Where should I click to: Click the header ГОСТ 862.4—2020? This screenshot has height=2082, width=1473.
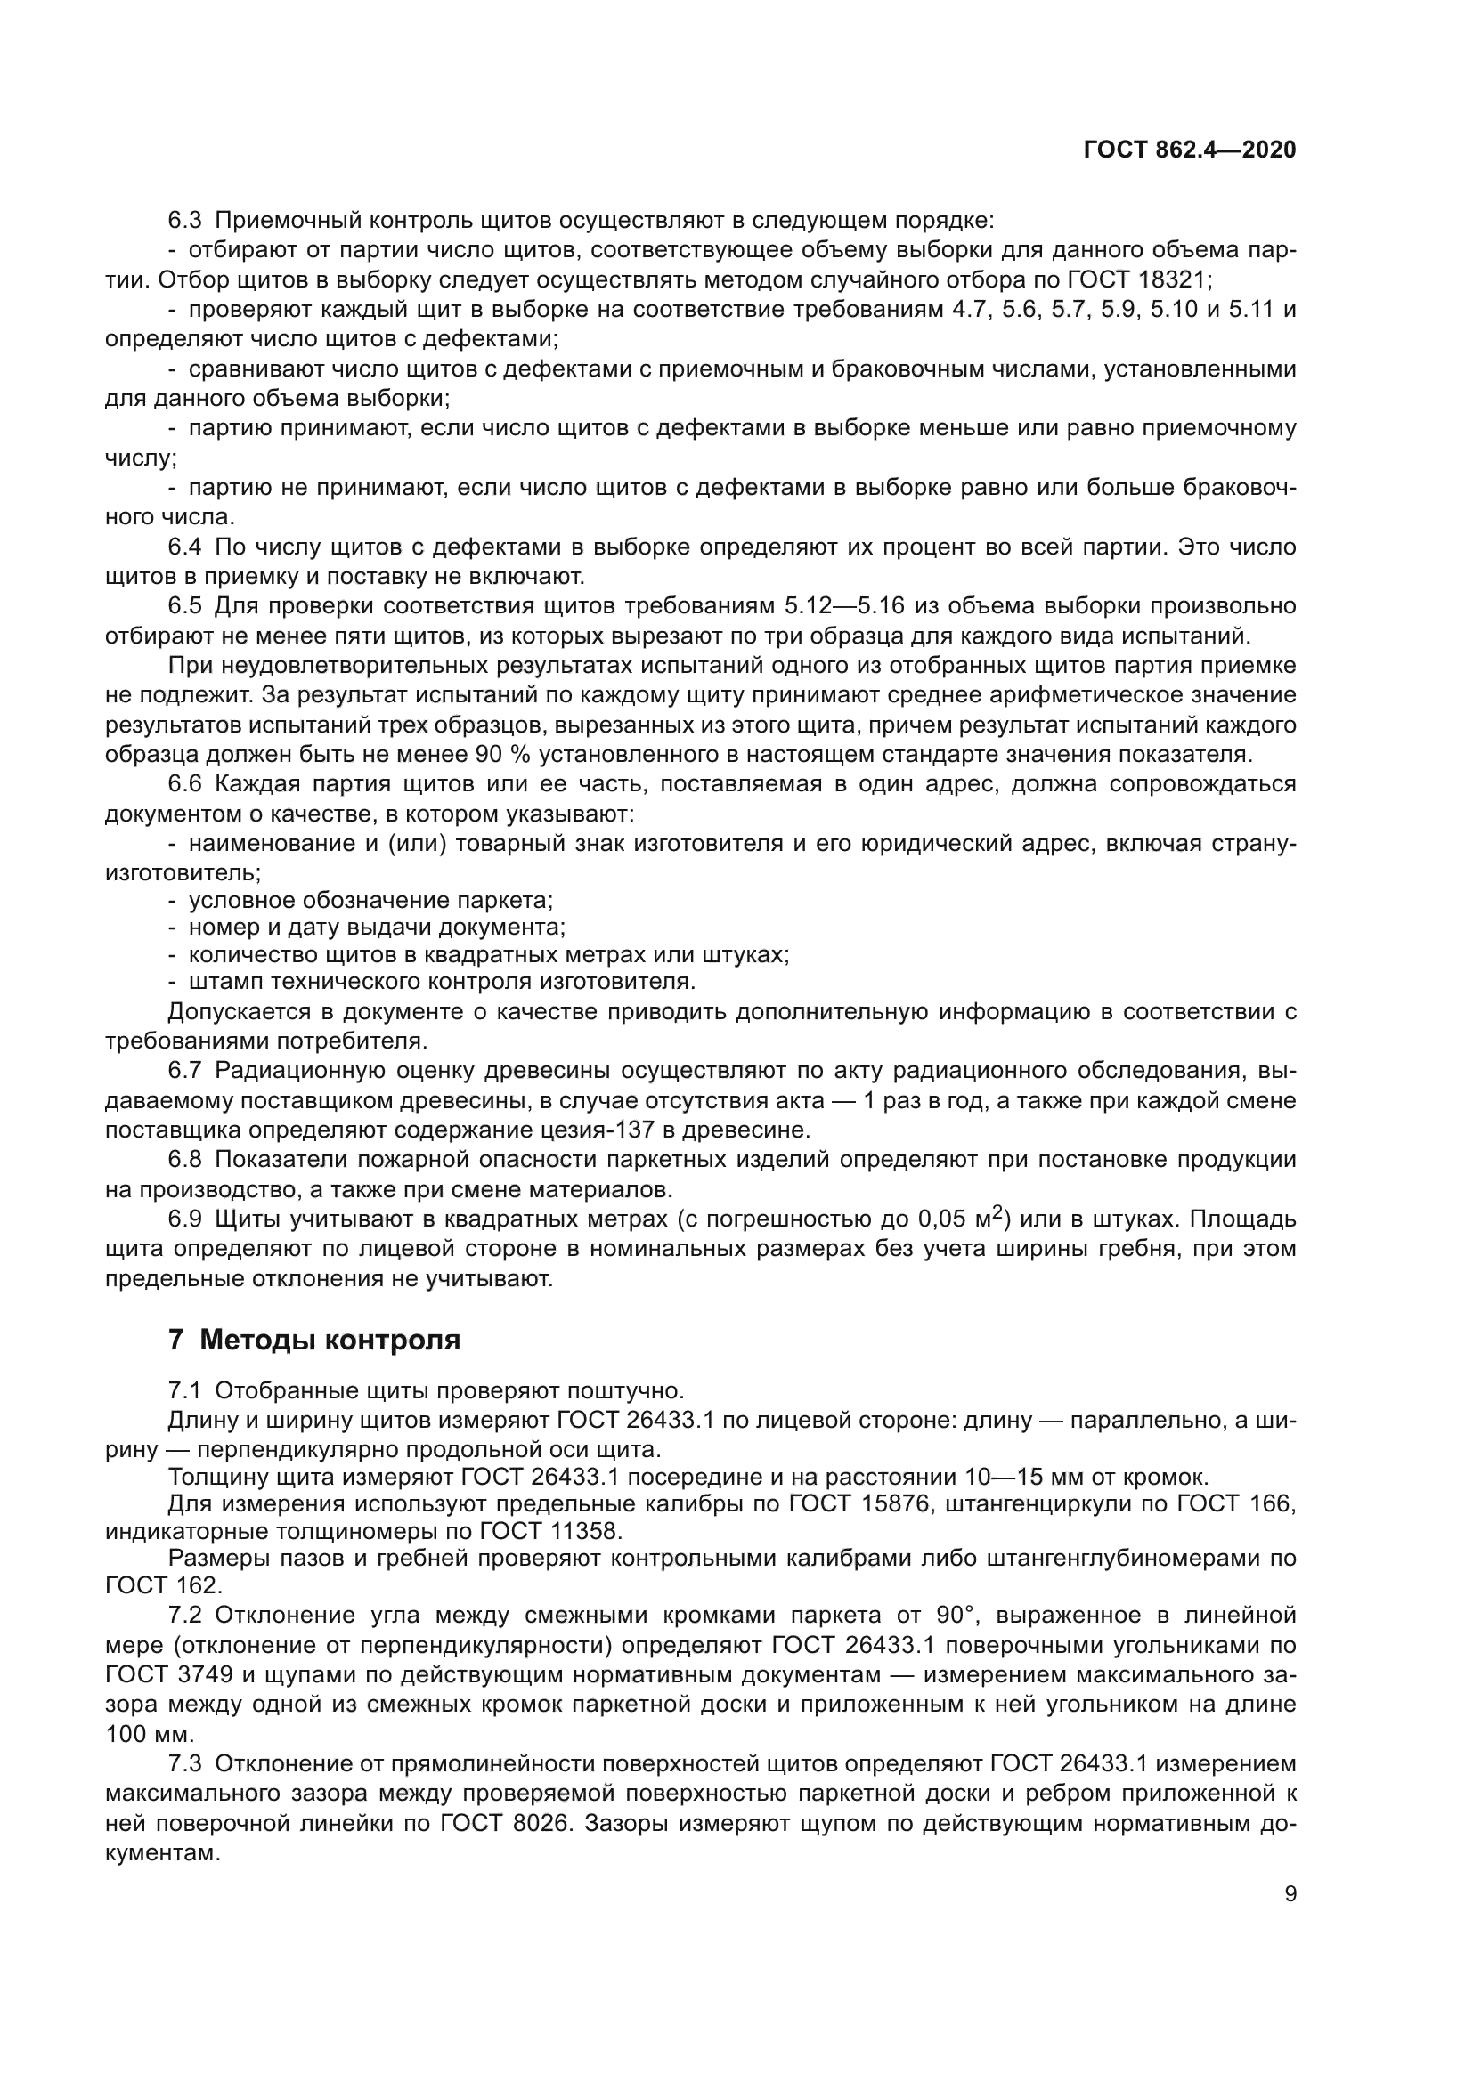pyautogui.click(x=1189, y=150)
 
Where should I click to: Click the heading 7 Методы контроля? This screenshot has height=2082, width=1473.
pyautogui.click(x=313, y=1340)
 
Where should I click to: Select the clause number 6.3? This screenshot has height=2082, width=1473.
pyautogui.click(x=185, y=221)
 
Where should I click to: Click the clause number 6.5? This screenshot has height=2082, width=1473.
pyautogui.click(x=185, y=606)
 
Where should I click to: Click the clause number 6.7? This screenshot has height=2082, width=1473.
pyautogui.click(x=185, y=1071)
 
